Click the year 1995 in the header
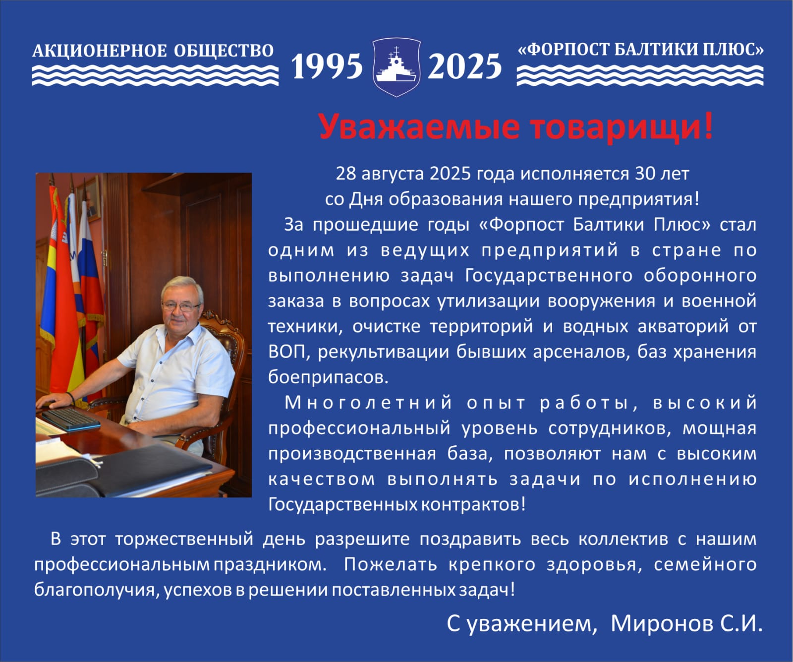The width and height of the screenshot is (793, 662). pos(327,66)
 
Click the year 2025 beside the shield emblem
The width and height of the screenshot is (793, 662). pos(464,66)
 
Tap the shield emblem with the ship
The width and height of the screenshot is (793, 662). pos(396,66)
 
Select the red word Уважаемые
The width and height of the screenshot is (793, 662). pos(419,126)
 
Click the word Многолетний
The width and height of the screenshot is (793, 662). pos(369,403)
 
